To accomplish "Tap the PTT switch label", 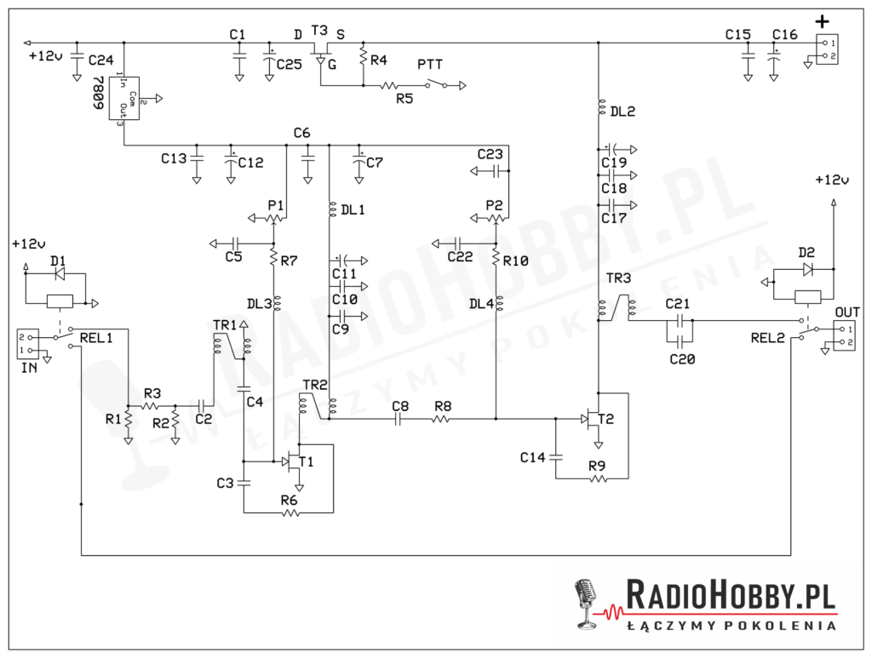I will [430, 65].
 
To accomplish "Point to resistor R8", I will [442, 419].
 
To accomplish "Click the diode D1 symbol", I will [59, 275].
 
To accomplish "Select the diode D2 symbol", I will [806, 269].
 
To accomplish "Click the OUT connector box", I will [846, 335].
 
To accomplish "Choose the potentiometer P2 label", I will [495, 205].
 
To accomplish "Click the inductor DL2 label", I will [622, 111].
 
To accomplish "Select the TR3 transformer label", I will [619, 278].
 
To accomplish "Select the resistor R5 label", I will [405, 98].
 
